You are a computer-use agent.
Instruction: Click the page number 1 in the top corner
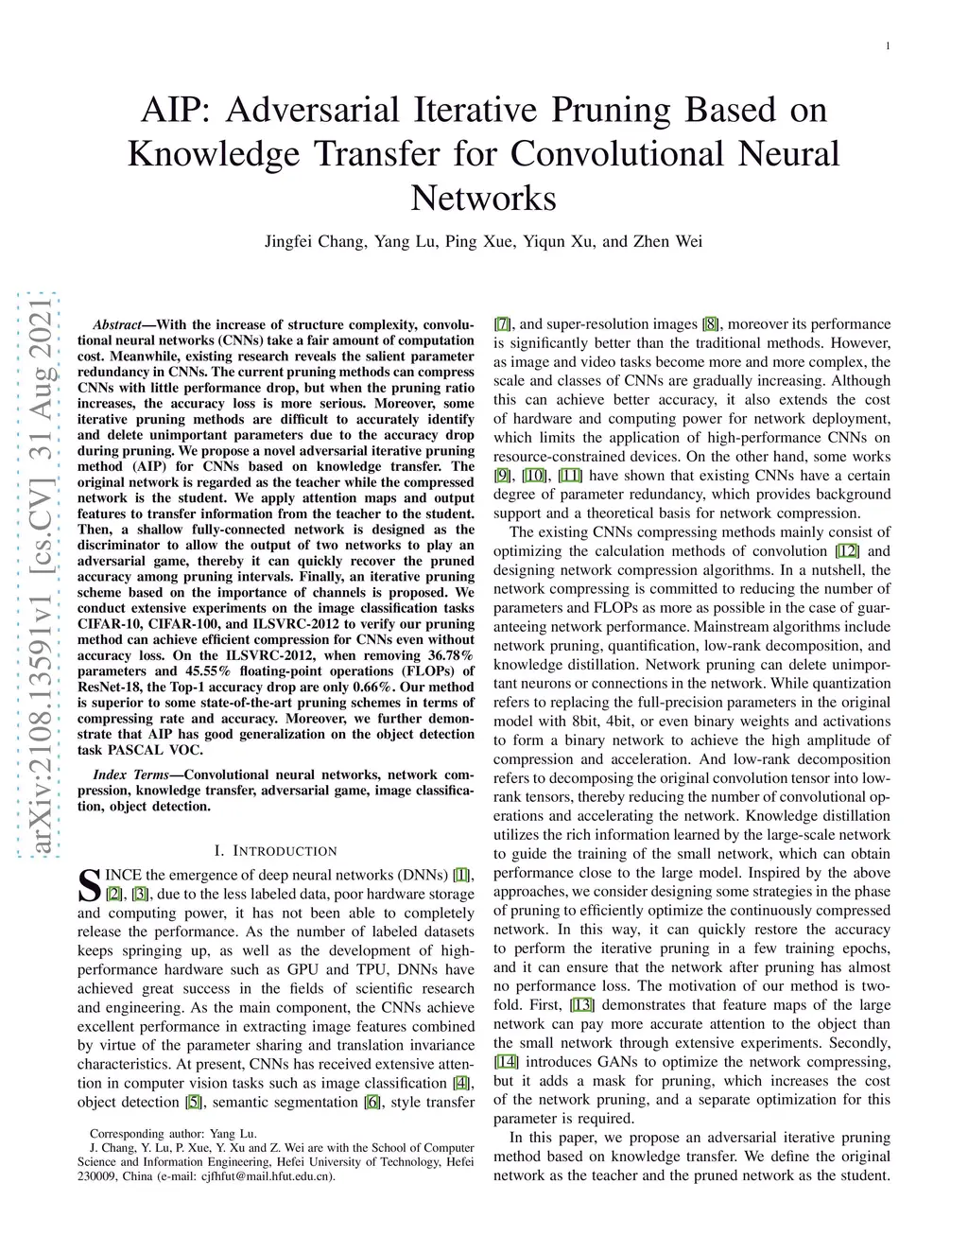889,46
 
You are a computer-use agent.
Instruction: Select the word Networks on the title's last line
483,199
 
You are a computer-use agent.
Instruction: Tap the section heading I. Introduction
275,851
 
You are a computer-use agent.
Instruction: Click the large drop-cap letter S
89,884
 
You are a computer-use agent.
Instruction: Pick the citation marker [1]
462,875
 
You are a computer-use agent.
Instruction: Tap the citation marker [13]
582,1005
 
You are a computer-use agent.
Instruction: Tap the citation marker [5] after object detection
193,1102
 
